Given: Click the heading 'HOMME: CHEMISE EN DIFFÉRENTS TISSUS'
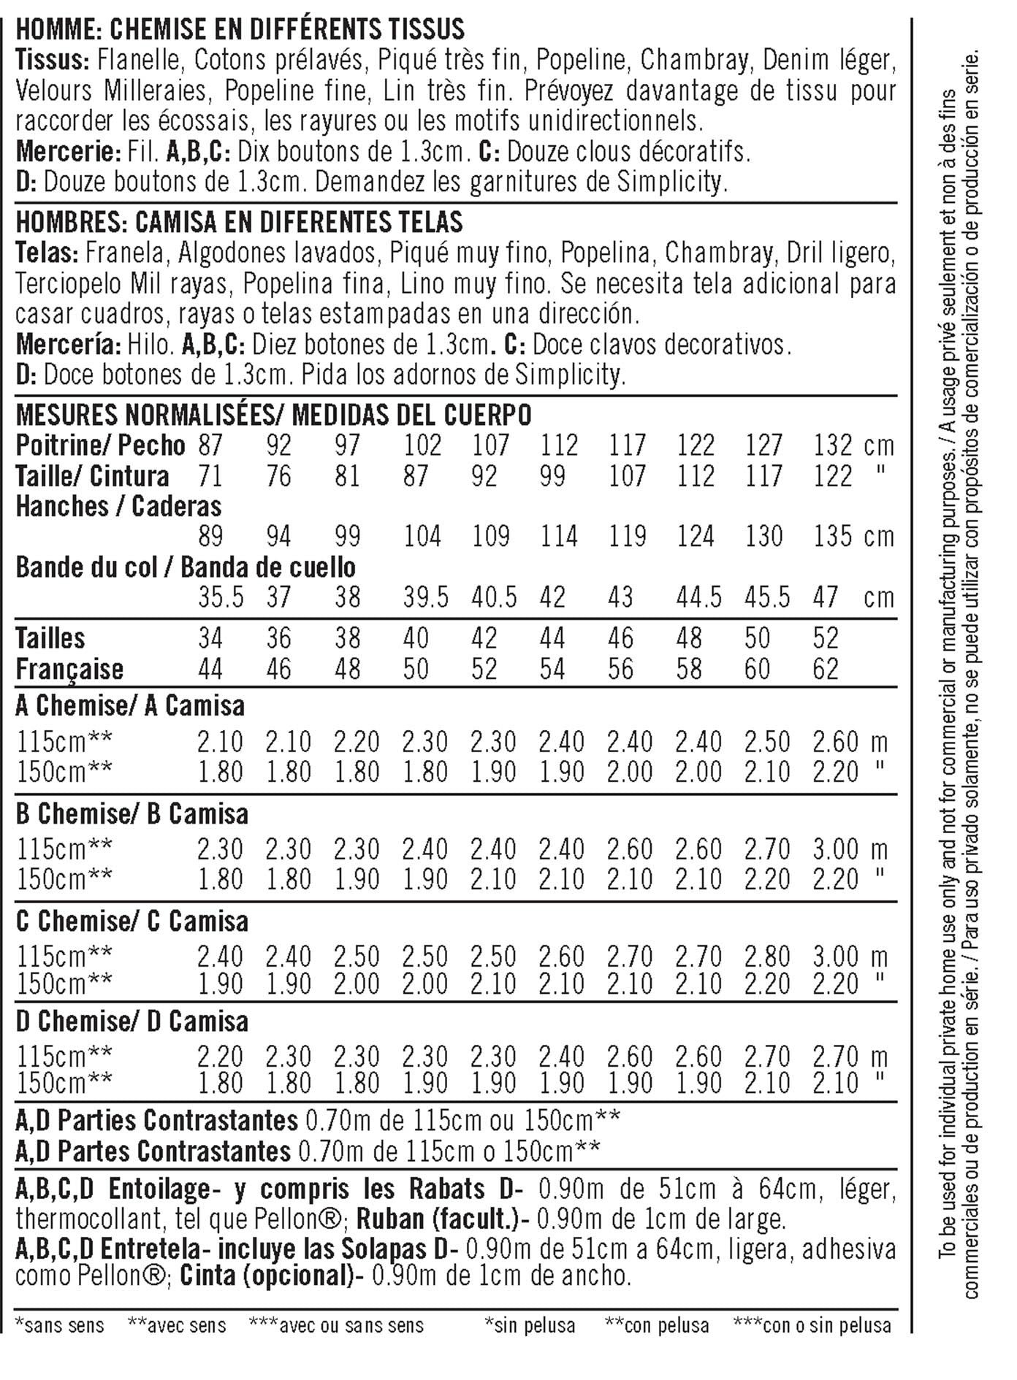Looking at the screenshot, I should pyautogui.click(x=240, y=29).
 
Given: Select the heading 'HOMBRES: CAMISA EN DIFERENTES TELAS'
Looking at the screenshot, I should pyautogui.click(x=239, y=221).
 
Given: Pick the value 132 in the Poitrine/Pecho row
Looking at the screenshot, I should pyautogui.click(x=832, y=445).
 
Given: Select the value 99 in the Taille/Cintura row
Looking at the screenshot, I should pyautogui.click(x=552, y=476).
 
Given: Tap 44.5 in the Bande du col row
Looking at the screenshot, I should pyautogui.click(x=698, y=597).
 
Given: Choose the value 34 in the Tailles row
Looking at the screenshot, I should pyautogui.click(x=210, y=638).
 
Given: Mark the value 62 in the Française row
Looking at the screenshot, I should pyautogui.click(x=826, y=669).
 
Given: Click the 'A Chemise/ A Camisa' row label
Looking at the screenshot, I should pyautogui.click(x=130, y=706).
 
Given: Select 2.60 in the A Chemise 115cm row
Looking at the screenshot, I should pyautogui.click(x=835, y=742).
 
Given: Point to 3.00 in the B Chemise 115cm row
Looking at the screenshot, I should pyautogui.click(x=835, y=849).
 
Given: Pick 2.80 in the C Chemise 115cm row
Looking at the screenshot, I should pyautogui.click(x=767, y=957).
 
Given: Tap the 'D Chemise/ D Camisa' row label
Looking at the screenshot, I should pyautogui.click(x=132, y=1021).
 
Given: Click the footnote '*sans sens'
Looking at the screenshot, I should pyautogui.click(x=60, y=1325).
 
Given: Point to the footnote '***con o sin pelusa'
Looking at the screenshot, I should pyautogui.click(x=812, y=1325).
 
